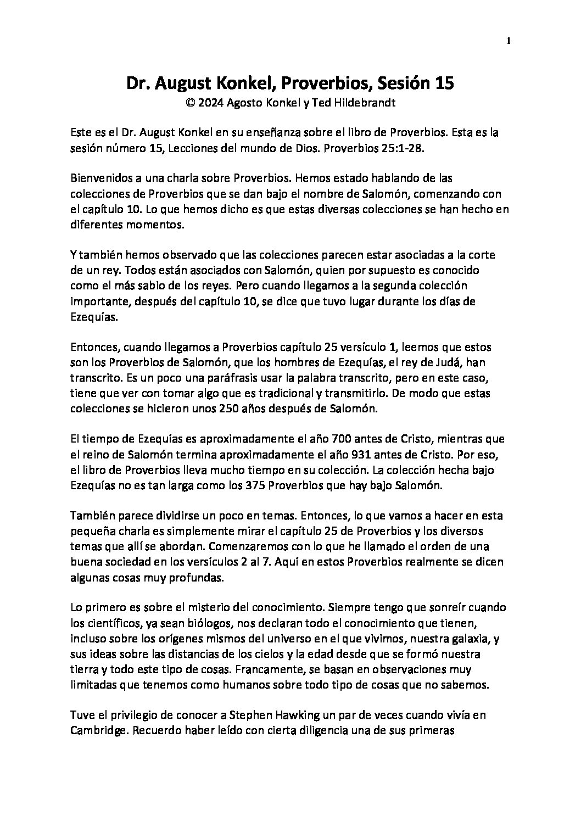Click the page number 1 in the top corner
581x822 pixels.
click(509, 41)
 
